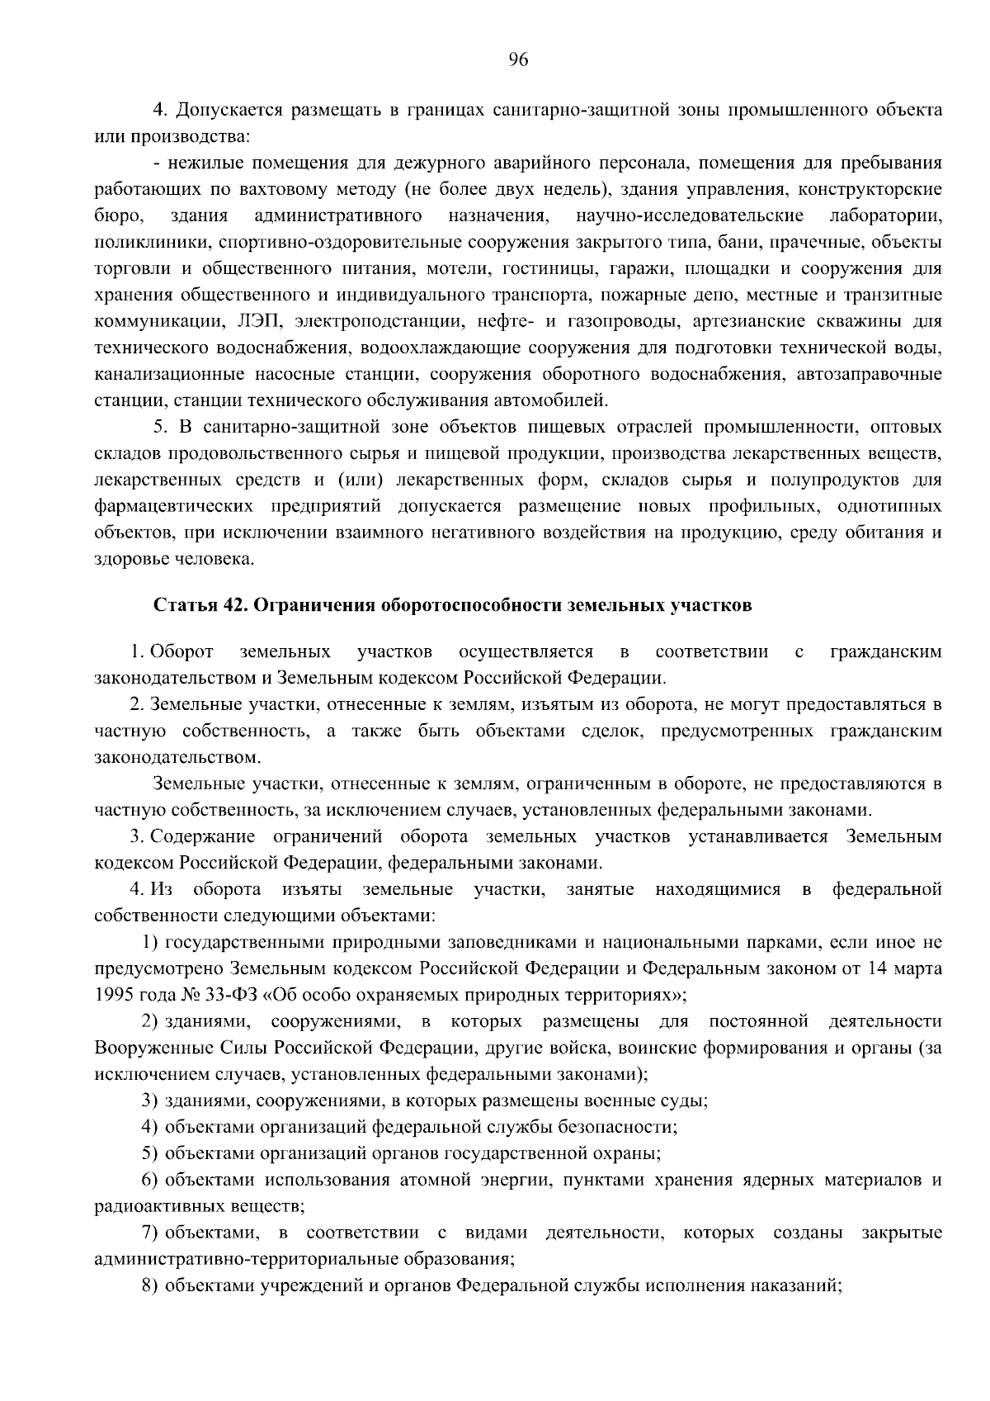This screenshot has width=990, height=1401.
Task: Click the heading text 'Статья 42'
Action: (196, 606)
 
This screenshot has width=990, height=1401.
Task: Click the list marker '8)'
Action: (149, 1287)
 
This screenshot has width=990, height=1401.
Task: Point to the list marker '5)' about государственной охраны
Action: (149, 1153)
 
